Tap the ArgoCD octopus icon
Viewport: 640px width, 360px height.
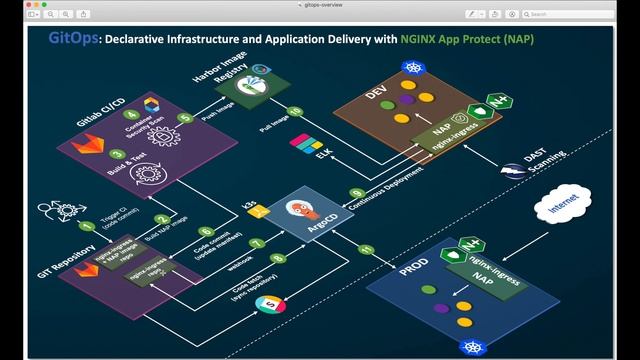(298, 213)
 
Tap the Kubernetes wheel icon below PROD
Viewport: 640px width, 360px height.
(467, 345)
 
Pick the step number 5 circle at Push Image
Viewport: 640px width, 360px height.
(184, 118)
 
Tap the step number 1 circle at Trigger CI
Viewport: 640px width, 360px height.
(86, 226)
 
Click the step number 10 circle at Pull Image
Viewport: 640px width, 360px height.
(293, 111)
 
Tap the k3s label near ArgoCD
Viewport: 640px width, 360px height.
(251, 203)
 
